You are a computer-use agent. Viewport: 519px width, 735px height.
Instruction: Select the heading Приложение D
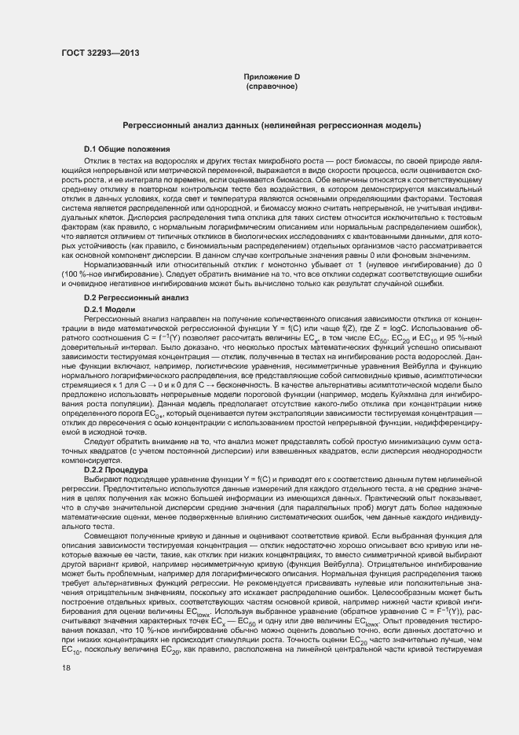coord(272,76)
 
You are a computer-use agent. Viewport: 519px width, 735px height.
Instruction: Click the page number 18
coord(65,667)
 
